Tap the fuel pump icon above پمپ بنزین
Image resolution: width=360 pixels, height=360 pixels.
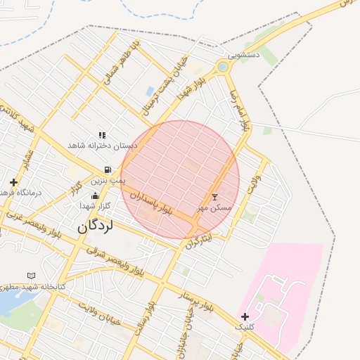click(x=106, y=169)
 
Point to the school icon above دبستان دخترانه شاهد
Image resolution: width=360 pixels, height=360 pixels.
click(x=103, y=134)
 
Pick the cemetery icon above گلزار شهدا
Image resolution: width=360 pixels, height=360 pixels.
click(x=95, y=195)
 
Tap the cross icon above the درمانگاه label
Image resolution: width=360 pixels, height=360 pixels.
click(x=13, y=182)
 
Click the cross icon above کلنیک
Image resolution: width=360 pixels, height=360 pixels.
click(x=245, y=316)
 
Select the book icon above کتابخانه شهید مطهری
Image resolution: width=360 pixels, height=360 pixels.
click(x=30, y=276)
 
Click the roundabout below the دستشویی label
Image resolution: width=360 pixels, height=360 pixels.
click(x=224, y=67)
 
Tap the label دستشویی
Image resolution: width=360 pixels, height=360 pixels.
click(x=244, y=54)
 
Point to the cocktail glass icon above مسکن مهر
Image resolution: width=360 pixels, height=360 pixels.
click(x=214, y=197)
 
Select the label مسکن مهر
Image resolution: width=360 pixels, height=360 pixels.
click(x=213, y=208)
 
